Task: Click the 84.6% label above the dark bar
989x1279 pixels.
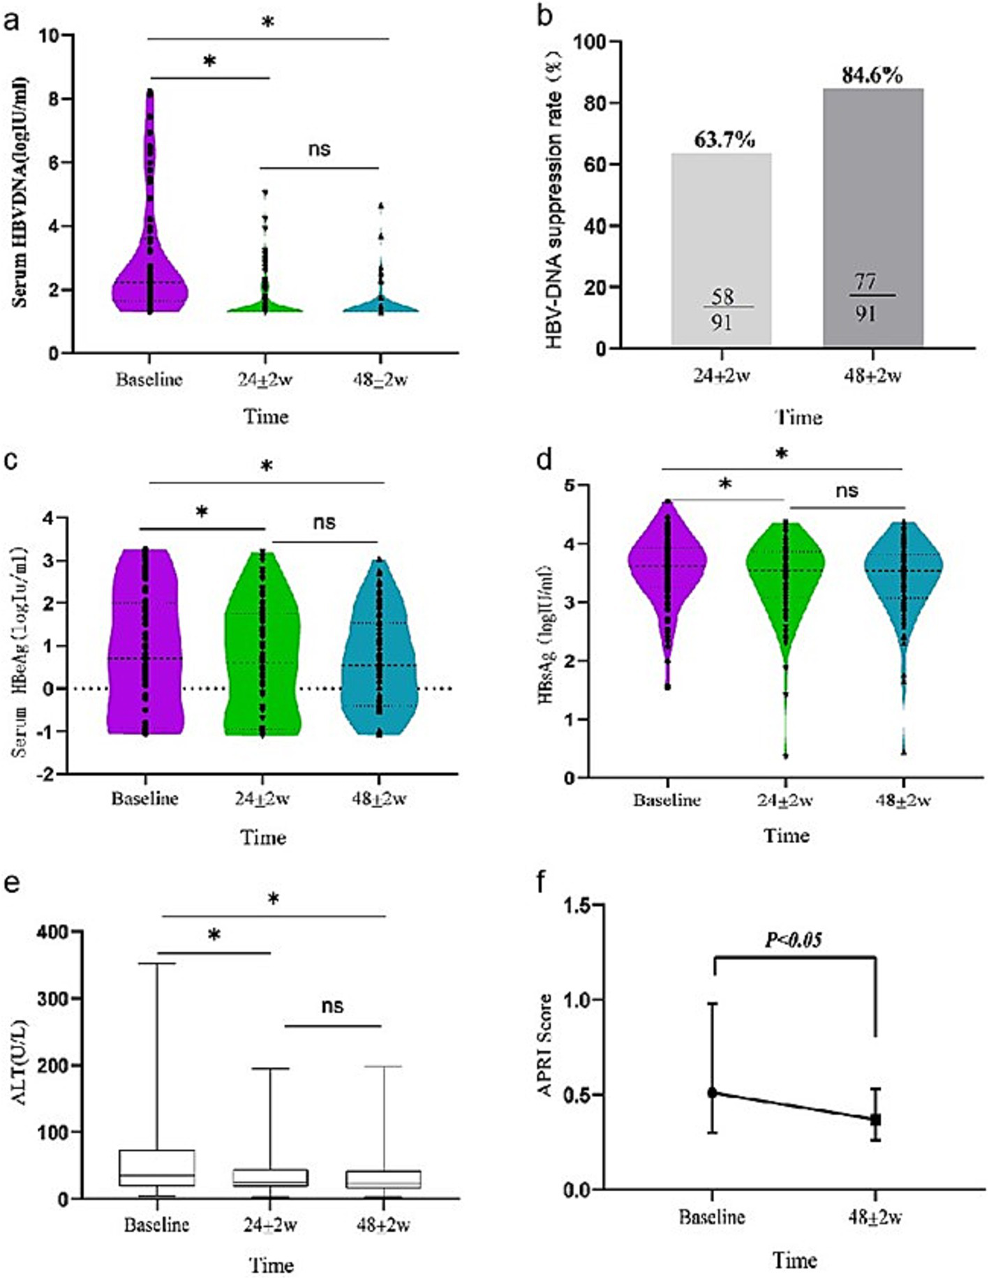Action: click(872, 75)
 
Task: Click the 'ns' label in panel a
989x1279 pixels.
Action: click(319, 149)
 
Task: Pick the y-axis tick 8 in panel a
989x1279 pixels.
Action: click(52, 98)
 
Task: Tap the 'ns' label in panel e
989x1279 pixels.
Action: click(332, 1006)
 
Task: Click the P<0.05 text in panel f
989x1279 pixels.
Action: click(794, 941)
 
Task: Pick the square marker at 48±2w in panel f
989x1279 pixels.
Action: click(875, 1119)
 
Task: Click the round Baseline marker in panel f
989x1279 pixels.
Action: click(712, 1093)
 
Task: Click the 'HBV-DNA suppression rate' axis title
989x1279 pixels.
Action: click(554, 195)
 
